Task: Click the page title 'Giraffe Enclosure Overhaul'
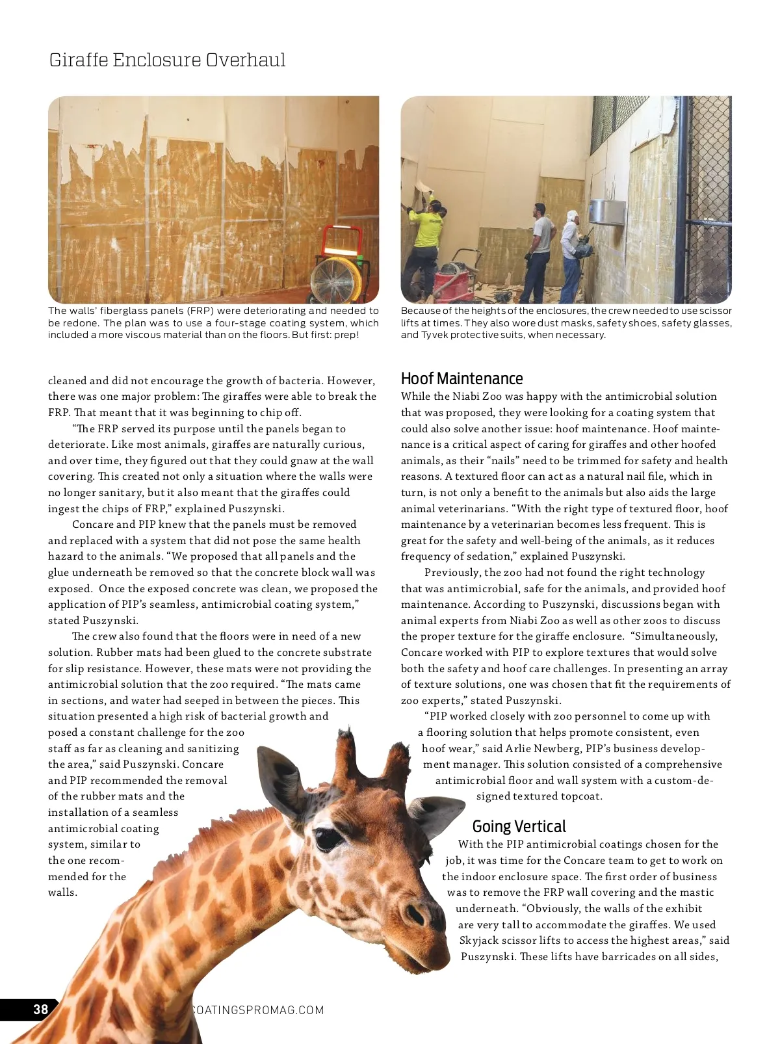167,60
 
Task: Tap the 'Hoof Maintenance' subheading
461,378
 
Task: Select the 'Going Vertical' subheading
519,826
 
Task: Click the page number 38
40,1009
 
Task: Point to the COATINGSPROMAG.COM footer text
259,1010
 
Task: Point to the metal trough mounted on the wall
607,214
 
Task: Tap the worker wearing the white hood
571,254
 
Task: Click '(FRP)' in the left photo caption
201,311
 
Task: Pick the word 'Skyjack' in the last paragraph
479,940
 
